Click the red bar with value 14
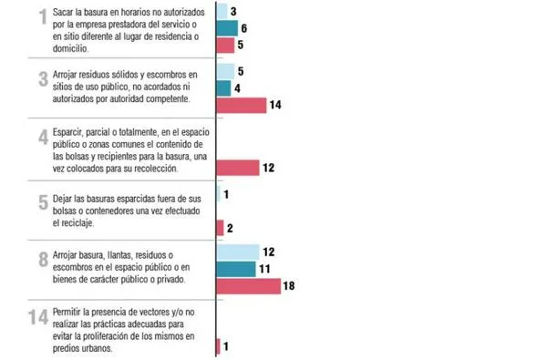coord(241,105)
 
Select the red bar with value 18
coord(248,286)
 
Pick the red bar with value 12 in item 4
coord(237,167)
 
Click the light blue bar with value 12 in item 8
coord(237,252)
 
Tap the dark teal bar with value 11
coord(235,269)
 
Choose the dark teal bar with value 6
coord(226,28)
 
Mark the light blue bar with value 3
coord(222,12)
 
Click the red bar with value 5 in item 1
coord(225,45)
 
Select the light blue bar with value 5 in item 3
coord(225,71)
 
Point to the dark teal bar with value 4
coord(223,88)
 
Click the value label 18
coord(290,286)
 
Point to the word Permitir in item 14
coord(72,313)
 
